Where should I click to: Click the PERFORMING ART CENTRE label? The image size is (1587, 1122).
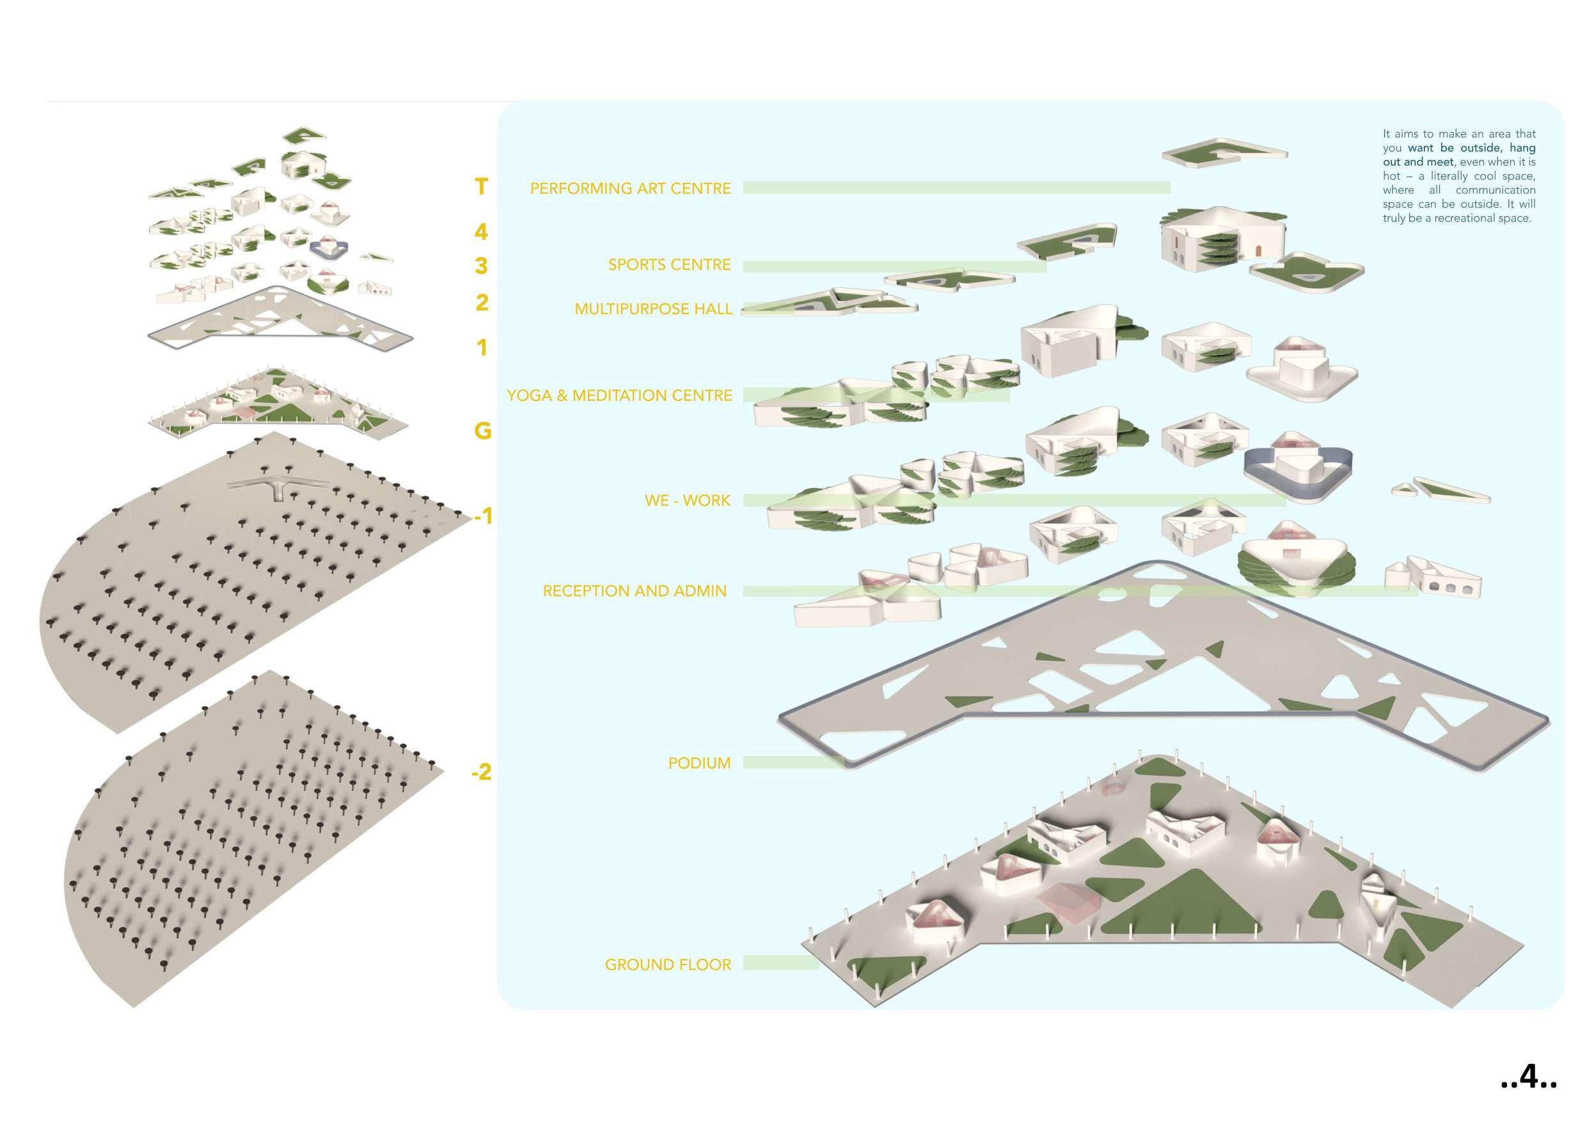629,189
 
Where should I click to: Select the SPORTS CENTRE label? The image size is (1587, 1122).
669,265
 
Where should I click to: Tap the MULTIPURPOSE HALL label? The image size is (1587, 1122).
653,309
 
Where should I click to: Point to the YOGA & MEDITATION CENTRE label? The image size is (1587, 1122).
619,395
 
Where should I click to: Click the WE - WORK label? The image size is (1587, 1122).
687,500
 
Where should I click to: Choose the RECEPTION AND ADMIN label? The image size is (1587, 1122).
635,591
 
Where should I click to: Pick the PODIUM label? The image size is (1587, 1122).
699,763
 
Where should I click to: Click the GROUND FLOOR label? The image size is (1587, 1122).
668,965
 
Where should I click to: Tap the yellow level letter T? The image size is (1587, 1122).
481,187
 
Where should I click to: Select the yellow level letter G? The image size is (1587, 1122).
482,431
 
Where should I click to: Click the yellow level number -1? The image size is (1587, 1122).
482,516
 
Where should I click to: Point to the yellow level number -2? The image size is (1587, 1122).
481,771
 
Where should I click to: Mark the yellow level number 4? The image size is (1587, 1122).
481,232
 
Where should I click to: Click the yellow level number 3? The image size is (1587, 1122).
481,265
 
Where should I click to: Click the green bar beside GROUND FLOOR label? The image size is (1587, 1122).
780,963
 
